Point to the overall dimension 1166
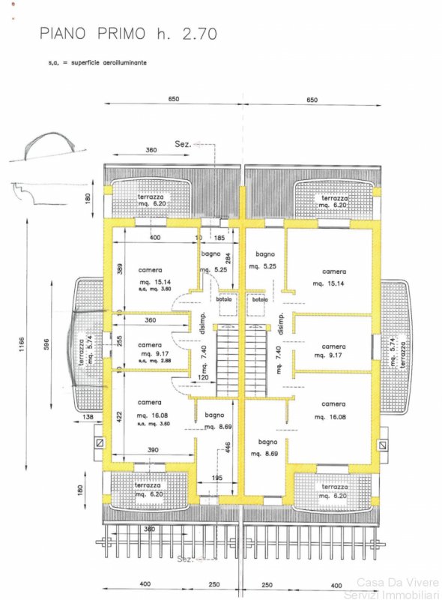23,344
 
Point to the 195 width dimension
217,478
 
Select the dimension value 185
219,238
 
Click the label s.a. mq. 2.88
154,361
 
